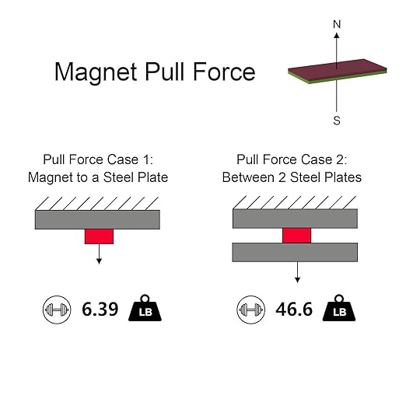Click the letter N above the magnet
(337, 24)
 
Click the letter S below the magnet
(337, 121)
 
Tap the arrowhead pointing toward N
(337, 36)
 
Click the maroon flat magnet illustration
(337, 71)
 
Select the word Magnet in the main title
(96, 72)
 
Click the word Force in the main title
(224, 72)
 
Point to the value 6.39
(100, 310)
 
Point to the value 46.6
(294, 310)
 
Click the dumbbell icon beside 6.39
(57, 310)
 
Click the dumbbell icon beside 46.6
(250, 310)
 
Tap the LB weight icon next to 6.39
(145, 308)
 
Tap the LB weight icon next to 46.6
(339, 308)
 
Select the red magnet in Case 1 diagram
(99, 236)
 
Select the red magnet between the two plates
(296, 236)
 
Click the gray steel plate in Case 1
(97, 219)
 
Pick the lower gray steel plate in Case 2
(295, 252)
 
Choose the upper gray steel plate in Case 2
(295, 219)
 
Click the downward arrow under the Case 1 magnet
(99, 254)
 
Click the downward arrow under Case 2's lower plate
(297, 272)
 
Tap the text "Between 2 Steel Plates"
(292, 177)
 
